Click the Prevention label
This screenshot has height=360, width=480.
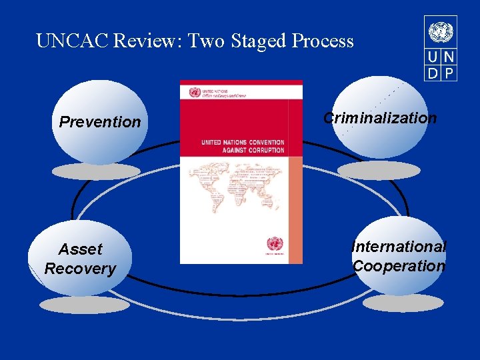[x=100, y=122]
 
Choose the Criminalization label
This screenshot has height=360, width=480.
[x=380, y=118]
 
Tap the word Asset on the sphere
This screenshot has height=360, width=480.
[x=81, y=249]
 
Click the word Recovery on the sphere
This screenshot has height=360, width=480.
[x=80, y=269]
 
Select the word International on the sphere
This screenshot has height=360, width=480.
[x=399, y=247]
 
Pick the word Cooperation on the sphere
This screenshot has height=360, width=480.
[x=399, y=265]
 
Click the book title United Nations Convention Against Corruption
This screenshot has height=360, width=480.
[x=243, y=146]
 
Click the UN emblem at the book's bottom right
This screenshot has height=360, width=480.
[x=273, y=245]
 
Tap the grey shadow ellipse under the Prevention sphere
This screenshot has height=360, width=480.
[x=96, y=172]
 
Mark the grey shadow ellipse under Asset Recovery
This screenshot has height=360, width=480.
[x=83, y=305]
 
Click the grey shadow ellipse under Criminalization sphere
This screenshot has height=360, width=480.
[x=379, y=170]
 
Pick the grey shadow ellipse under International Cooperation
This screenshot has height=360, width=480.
[x=402, y=303]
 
